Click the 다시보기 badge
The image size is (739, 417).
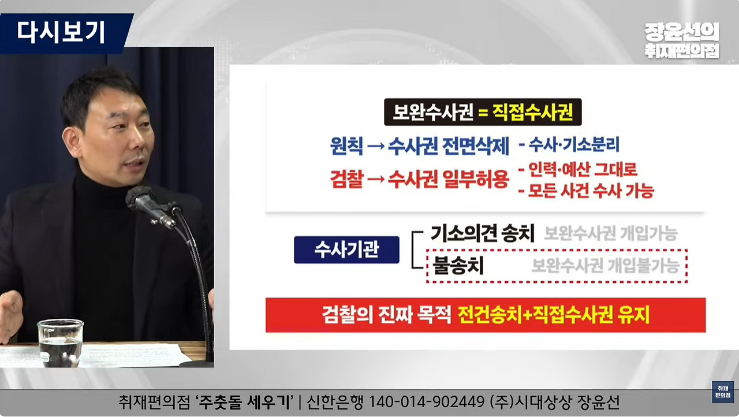[x=61, y=32]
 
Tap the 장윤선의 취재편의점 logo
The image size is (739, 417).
[x=682, y=40]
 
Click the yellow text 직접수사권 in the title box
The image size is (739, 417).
[x=532, y=113]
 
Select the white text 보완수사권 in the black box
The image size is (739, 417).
[x=430, y=113]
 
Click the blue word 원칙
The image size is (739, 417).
[x=346, y=147]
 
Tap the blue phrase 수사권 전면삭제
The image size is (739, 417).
[x=449, y=147]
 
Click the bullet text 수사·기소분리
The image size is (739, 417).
[x=569, y=145]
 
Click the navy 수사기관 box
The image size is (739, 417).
[x=346, y=250]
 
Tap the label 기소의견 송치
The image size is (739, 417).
[x=483, y=233]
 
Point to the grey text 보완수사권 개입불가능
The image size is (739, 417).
[x=605, y=266]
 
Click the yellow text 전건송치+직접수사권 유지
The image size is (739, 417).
[x=554, y=315]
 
